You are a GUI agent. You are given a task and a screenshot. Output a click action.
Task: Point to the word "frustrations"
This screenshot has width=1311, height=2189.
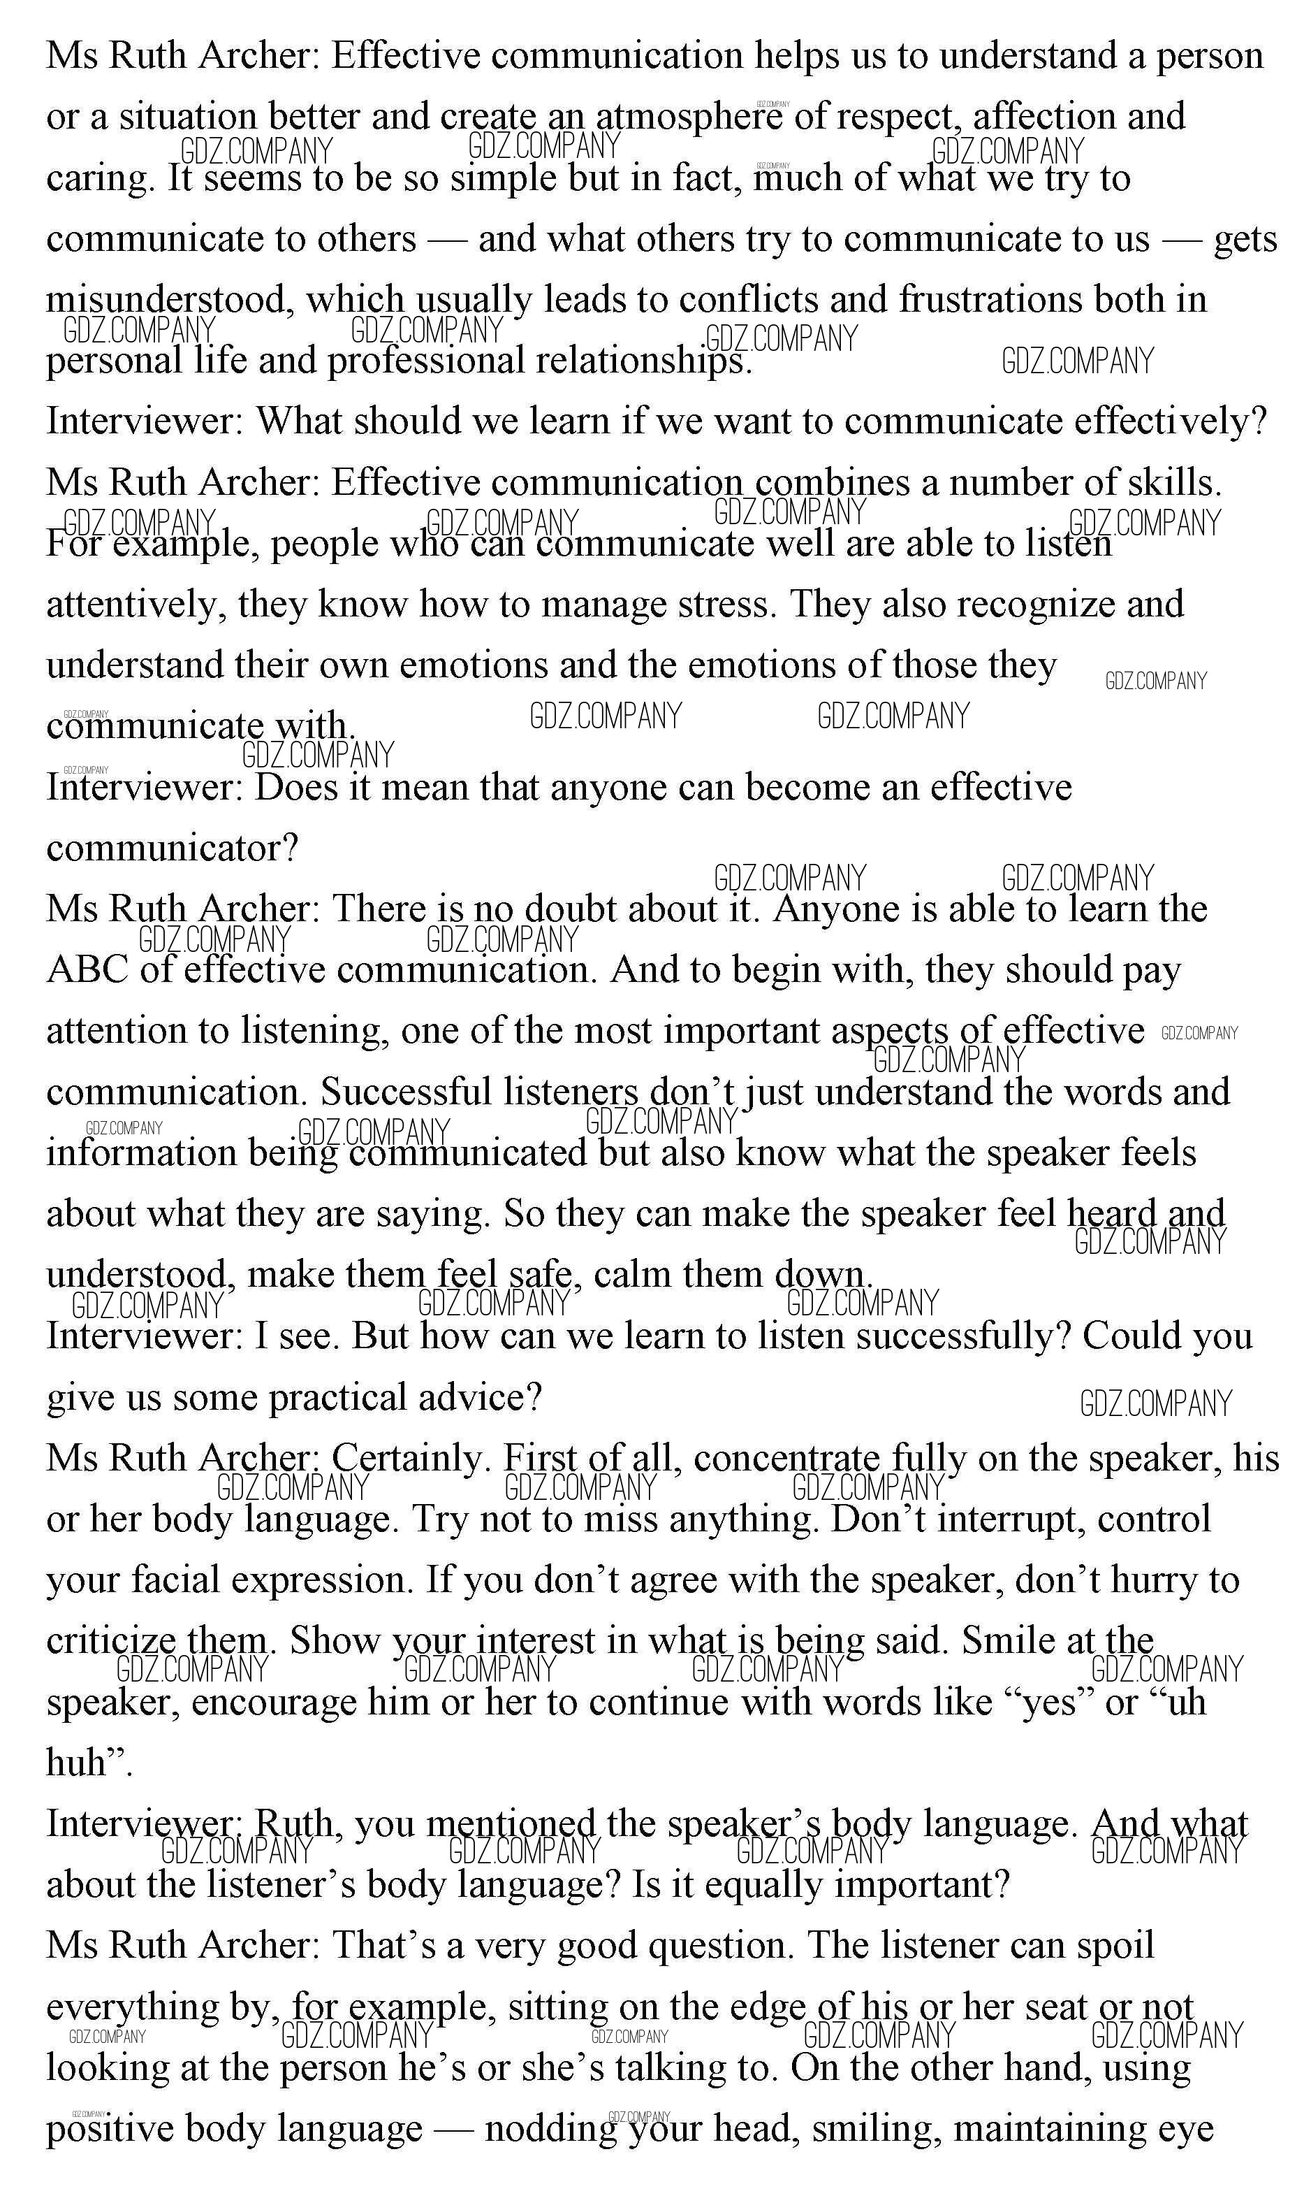990,300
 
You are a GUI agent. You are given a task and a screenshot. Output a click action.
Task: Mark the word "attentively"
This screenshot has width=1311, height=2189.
136,605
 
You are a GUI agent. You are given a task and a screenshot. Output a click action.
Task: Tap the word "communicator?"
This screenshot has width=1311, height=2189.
173,848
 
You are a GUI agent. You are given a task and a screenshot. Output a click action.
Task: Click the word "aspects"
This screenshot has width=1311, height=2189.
888,1032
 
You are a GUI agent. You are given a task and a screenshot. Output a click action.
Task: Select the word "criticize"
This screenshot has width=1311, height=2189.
110,1641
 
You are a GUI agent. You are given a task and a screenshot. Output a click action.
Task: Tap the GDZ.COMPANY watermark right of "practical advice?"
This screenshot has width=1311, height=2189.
1155,1403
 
